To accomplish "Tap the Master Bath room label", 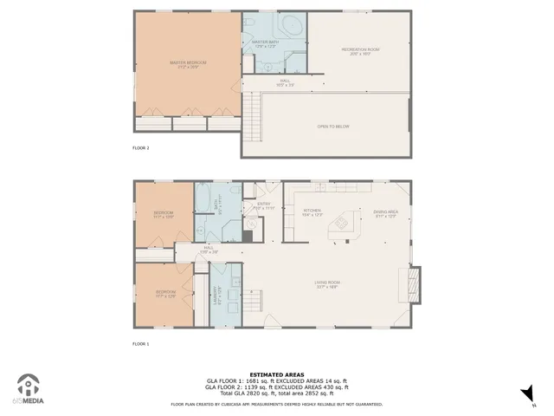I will (x=263, y=43).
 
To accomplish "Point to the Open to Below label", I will (x=333, y=127).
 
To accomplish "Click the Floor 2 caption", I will (x=141, y=148).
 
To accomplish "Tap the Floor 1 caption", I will (x=141, y=344).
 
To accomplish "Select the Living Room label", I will (x=326, y=283).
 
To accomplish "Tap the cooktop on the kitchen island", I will (x=341, y=223).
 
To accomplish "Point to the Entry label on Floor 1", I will (x=262, y=206).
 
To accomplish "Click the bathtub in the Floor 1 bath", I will (x=202, y=206).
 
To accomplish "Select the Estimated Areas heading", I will (x=276, y=374).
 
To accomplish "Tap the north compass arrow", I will (x=525, y=395).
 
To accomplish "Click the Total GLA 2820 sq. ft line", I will (x=276, y=393).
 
